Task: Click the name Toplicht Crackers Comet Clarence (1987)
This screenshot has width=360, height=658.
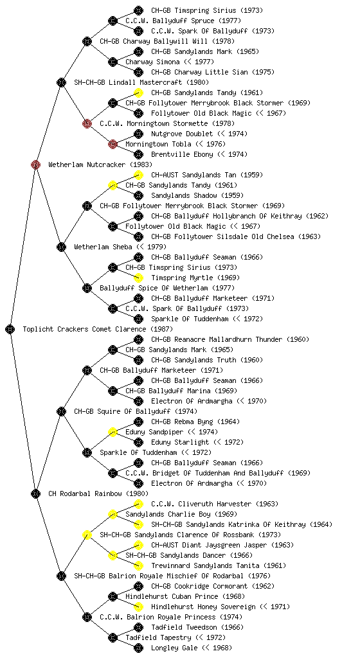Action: click(98, 330)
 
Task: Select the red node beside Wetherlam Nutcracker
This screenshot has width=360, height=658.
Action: click(35, 164)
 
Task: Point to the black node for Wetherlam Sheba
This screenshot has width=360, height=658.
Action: click(61, 247)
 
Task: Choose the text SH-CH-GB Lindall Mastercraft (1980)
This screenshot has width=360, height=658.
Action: click(141, 83)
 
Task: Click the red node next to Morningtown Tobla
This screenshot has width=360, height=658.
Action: click(113, 144)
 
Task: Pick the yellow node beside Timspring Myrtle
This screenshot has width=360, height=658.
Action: click(138, 278)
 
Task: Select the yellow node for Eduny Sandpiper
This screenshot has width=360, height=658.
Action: click(113, 432)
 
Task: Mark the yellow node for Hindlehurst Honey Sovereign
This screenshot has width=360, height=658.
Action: click(138, 607)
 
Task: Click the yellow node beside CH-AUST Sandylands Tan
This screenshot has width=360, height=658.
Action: click(138, 175)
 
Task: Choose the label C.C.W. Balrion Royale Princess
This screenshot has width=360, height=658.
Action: click(157, 618)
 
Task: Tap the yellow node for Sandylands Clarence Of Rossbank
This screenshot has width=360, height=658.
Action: click(87, 535)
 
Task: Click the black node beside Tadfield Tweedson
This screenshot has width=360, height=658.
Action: click(138, 627)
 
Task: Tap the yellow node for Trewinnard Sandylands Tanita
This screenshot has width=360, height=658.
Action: click(138, 565)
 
